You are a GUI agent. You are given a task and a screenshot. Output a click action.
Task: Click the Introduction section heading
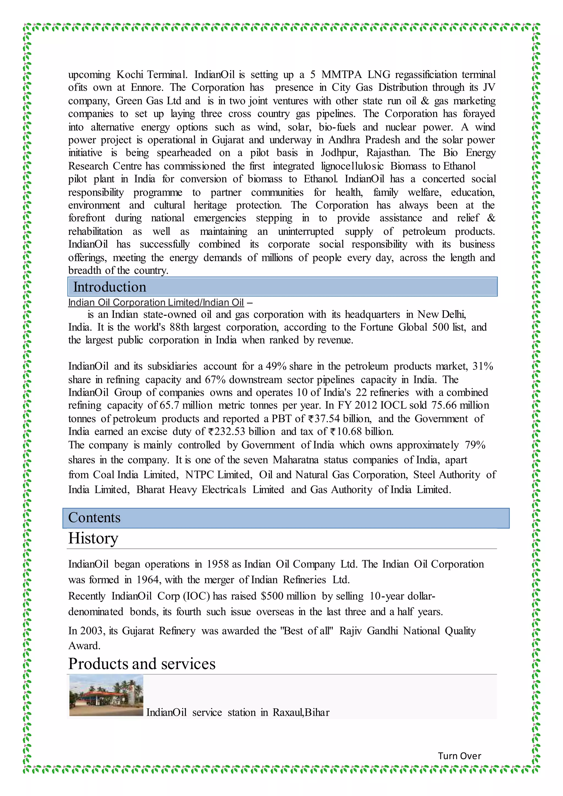pyautogui.click(x=110, y=287)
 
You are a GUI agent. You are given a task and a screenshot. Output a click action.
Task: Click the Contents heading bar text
pyautogui.click(x=94, y=518)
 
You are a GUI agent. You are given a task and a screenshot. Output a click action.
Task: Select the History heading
pyautogui.click(x=93, y=538)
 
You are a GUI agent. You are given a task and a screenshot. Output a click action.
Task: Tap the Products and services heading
pyautogui.click(x=142, y=664)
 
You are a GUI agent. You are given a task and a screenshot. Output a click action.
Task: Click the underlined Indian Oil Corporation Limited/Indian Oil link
pyautogui.click(x=156, y=303)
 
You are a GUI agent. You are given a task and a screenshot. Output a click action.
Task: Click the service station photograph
pyautogui.click(x=106, y=695)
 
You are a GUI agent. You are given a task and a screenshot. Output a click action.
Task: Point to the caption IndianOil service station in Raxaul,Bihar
pyautogui.click(x=238, y=712)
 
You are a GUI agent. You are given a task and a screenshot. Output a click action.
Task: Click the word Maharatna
pyautogui.click(x=295, y=460)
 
